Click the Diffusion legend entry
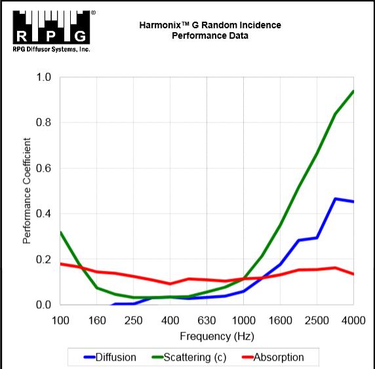(110, 357)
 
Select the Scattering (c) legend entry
(189, 357)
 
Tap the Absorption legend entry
(273, 357)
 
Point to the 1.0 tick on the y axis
(43, 77)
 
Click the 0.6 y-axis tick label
(43, 168)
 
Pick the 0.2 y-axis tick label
(43, 260)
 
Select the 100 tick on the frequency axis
(60, 320)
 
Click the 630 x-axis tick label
(207, 320)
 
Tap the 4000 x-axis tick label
(353, 320)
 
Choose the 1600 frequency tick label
(281, 320)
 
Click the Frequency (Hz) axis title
(217, 336)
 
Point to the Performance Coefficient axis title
(27, 191)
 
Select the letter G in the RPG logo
(80, 36)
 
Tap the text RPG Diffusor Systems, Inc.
(51, 50)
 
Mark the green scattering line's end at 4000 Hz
(353, 92)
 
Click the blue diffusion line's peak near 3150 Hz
(335, 199)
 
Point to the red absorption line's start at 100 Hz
(61, 264)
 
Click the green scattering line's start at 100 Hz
(61, 232)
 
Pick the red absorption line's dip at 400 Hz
(170, 284)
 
